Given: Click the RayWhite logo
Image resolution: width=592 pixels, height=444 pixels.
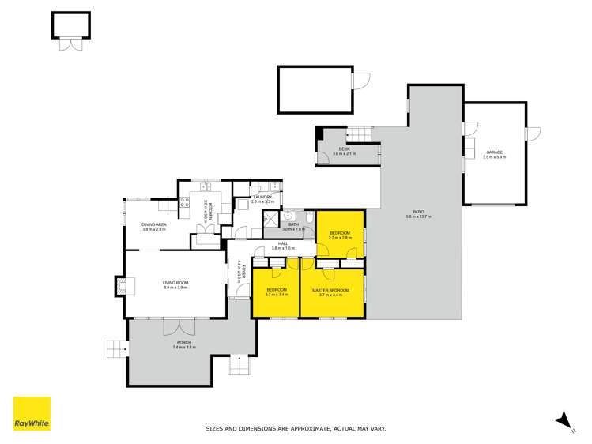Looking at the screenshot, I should [x=32, y=414].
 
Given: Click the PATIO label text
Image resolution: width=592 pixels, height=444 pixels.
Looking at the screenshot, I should [x=418, y=213].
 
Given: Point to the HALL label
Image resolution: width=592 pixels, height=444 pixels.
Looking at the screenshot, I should [x=282, y=245].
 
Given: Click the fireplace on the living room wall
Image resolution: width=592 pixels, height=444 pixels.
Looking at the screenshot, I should [x=120, y=285].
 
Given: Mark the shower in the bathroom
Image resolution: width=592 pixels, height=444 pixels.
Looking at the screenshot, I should [x=271, y=218].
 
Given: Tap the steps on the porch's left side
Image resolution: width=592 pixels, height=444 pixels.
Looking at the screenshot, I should [x=115, y=348].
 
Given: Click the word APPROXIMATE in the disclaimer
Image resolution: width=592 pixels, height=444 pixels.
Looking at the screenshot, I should [x=299, y=430].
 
